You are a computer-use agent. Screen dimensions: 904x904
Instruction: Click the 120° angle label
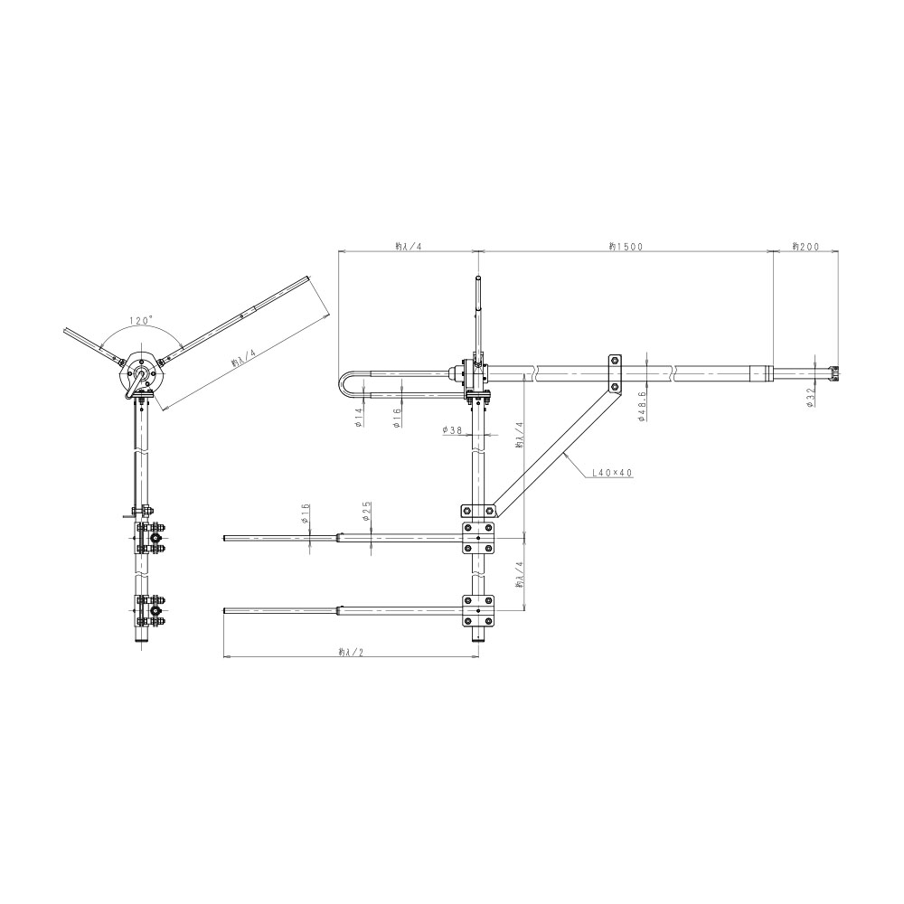coord(141,320)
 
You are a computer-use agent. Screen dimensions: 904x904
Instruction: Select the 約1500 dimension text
coord(626,246)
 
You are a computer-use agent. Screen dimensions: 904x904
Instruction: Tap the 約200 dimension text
coord(805,246)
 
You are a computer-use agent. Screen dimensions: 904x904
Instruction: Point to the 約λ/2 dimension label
coord(351,652)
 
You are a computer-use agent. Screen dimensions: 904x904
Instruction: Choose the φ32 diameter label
coord(810,398)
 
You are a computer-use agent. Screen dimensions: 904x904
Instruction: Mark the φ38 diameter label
coord(453,429)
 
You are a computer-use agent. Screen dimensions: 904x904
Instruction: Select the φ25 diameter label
coord(367,511)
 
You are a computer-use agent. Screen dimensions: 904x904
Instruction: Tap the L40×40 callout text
coord(613,473)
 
